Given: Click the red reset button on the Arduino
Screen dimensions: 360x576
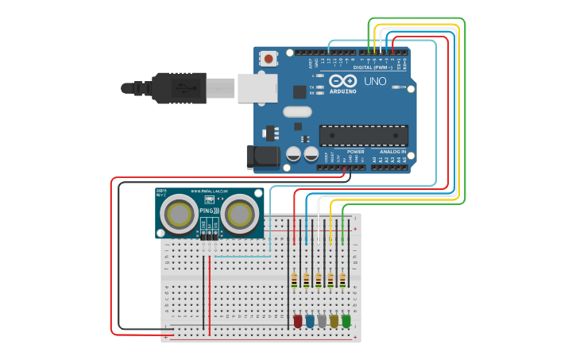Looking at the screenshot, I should click(x=269, y=58).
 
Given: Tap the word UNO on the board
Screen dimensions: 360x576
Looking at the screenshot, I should click(x=374, y=81).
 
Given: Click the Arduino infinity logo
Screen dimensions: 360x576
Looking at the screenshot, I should click(x=342, y=82).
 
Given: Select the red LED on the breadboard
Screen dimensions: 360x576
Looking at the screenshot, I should click(x=298, y=321).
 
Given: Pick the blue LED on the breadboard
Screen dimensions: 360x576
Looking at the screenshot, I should click(x=310, y=321).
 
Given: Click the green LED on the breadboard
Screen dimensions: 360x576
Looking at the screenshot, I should click(x=346, y=321).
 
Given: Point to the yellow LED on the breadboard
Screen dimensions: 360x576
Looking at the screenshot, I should click(x=334, y=321).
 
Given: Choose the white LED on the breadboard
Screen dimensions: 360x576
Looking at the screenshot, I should click(x=322, y=321).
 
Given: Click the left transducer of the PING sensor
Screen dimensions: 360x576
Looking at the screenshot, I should click(x=180, y=214).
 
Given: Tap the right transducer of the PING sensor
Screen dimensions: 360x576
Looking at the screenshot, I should click(x=238, y=214).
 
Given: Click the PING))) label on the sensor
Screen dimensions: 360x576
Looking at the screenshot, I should click(x=209, y=211).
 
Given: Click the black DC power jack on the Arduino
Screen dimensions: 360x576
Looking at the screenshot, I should click(x=262, y=157).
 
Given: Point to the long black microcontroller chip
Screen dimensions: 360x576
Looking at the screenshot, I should click(x=364, y=136).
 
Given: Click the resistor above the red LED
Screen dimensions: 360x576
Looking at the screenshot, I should click(x=294, y=280).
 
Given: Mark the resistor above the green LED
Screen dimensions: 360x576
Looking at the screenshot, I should click(x=342, y=280).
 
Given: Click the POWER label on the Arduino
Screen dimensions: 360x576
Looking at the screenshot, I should click(x=355, y=151).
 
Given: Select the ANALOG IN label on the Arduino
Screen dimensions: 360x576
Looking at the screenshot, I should click(x=392, y=151).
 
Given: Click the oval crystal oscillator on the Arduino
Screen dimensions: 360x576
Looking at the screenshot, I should click(x=297, y=112).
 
